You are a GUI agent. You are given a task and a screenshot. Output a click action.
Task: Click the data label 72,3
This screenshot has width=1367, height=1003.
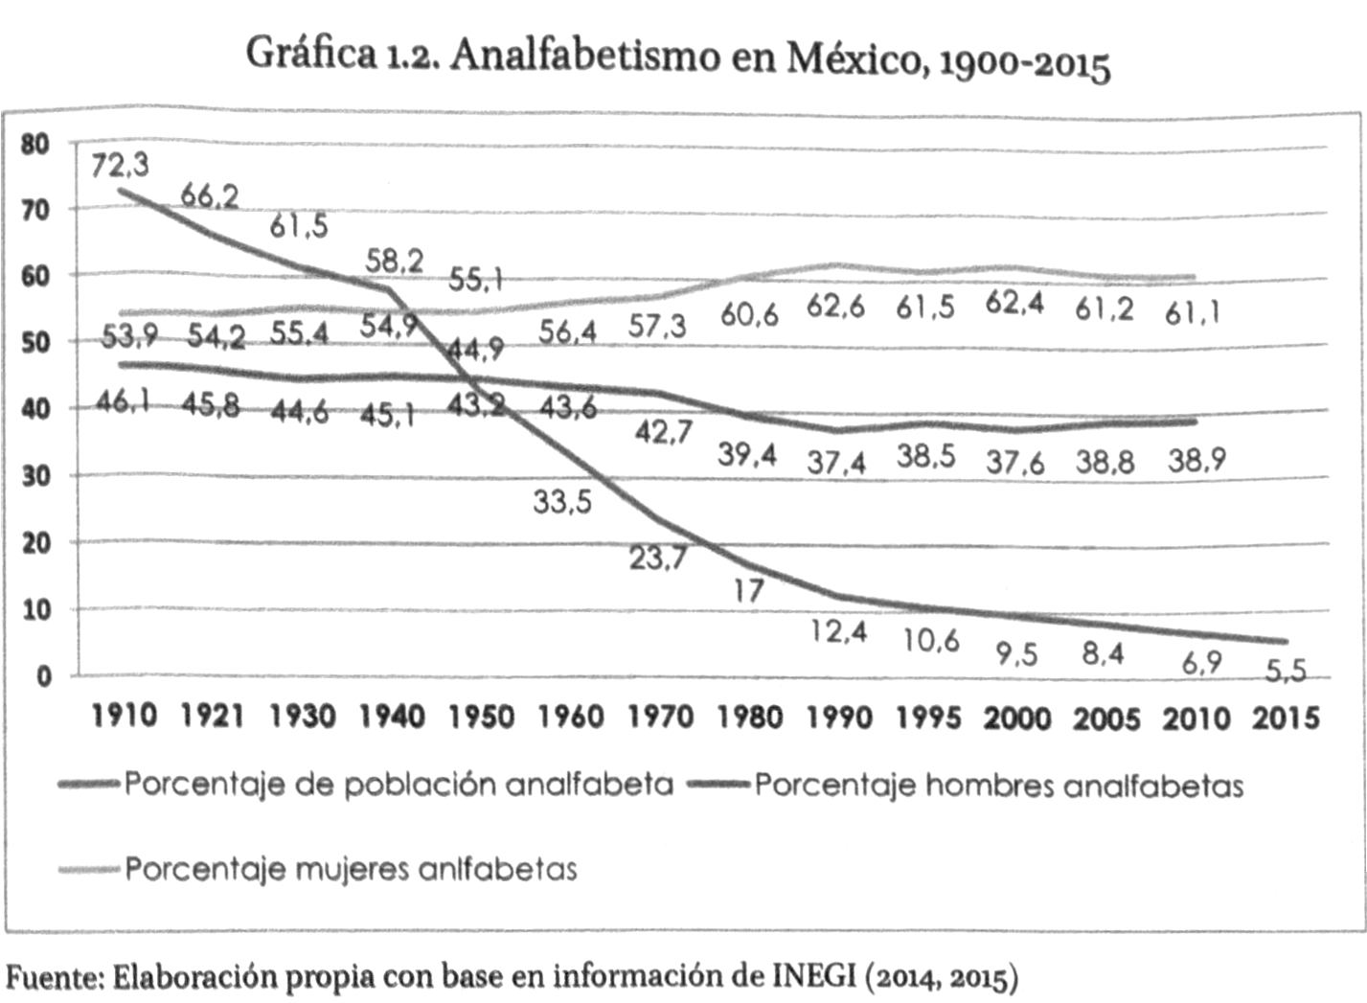121,166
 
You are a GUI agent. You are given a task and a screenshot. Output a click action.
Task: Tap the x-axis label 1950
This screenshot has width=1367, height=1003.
482,717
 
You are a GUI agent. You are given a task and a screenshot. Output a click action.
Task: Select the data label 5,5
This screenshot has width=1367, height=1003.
1285,671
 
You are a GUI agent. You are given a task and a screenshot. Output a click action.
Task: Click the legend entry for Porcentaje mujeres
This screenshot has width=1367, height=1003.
351,869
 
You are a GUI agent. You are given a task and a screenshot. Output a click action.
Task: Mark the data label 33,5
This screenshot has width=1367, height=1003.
562,500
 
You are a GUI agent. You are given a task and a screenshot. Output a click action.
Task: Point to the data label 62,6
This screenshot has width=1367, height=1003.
835,307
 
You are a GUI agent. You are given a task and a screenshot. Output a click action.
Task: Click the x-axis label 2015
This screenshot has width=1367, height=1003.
1286,718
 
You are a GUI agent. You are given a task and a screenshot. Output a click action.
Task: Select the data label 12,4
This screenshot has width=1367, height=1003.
838,631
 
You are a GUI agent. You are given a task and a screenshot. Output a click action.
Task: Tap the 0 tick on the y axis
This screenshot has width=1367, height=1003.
44,676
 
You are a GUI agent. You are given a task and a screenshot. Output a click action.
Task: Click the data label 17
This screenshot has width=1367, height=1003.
749,589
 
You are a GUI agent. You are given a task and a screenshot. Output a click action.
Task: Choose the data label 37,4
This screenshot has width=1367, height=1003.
836,463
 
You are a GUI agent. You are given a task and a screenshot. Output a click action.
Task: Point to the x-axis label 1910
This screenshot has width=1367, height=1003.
124,716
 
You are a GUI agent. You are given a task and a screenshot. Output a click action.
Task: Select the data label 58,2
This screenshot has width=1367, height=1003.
394,260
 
